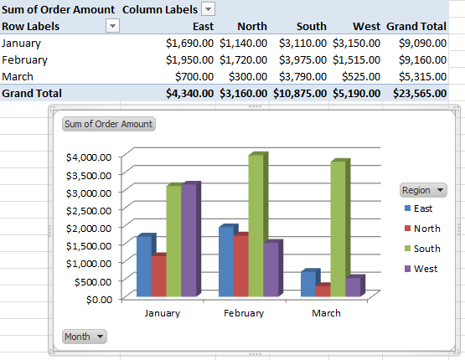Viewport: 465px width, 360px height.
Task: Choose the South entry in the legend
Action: [x=426, y=249]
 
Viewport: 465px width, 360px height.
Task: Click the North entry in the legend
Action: [x=426, y=229]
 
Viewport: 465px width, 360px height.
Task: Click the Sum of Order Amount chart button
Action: [x=108, y=124]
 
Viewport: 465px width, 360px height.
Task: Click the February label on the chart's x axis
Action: [x=244, y=313]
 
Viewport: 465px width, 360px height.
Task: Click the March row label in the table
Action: [x=18, y=77]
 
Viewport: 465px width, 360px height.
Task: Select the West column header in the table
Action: [x=365, y=26]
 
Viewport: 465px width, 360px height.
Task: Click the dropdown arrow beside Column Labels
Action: [x=209, y=9]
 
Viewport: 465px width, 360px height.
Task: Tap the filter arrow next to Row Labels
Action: [x=113, y=26]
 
